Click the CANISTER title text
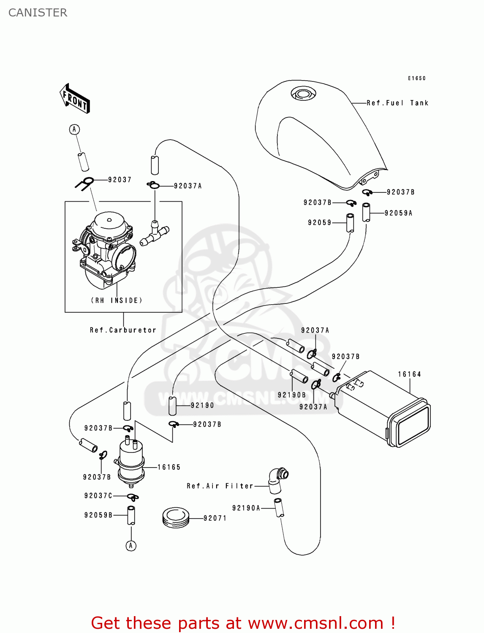(x=38, y=13)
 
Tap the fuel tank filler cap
(x=303, y=94)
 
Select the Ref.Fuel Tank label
(x=397, y=103)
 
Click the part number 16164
(x=409, y=374)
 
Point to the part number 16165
(x=169, y=467)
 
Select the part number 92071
(x=215, y=518)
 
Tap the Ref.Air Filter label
(x=220, y=486)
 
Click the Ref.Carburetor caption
(x=123, y=330)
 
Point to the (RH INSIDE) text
(x=117, y=300)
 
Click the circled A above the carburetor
(x=74, y=130)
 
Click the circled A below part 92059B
(x=131, y=546)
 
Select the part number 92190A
(x=246, y=508)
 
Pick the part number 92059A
(x=398, y=213)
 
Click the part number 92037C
(x=98, y=496)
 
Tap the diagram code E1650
(x=417, y=78)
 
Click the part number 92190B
(x=291, y=395)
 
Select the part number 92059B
(x=98, y=515)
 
